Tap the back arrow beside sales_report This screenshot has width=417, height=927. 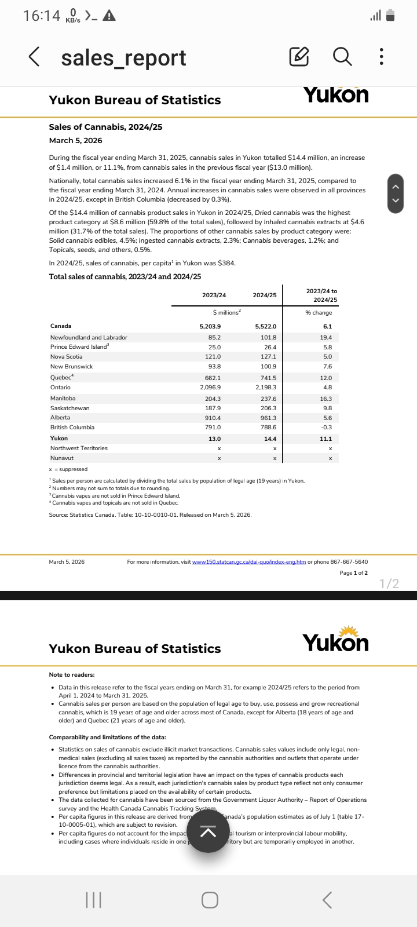35,57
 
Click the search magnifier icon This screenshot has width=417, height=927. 342,57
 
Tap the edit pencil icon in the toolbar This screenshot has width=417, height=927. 299,57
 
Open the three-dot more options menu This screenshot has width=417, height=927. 381,57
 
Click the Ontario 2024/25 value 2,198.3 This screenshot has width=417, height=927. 266,387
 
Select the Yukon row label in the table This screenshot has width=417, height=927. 59,438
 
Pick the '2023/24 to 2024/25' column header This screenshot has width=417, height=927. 321,295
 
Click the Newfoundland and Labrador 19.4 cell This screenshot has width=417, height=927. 326,337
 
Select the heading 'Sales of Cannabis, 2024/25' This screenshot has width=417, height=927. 105,127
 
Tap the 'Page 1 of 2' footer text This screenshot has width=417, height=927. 353,572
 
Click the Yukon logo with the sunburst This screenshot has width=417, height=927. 335,640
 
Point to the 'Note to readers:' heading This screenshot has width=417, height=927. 72,674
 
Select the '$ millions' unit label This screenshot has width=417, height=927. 226,312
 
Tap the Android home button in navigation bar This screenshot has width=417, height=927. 210,899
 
